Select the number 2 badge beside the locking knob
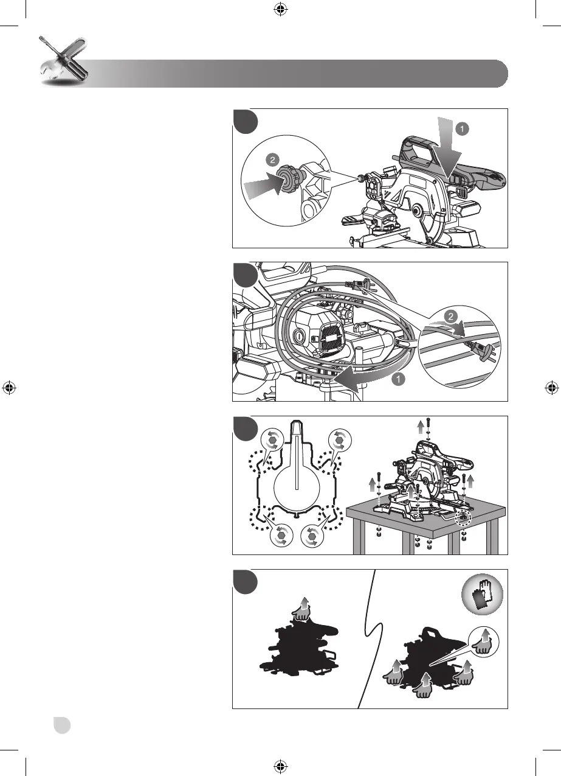pyautogui.click(x=272, y=160)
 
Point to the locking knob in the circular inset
pyautogui.click(x=284, y=181)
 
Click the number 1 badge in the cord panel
pyautogui.click(x=398, y=380)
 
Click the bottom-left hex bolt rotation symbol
pyautogui.click(x=280, y=534)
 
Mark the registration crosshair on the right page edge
pyautogui.click(x=551, y=388)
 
